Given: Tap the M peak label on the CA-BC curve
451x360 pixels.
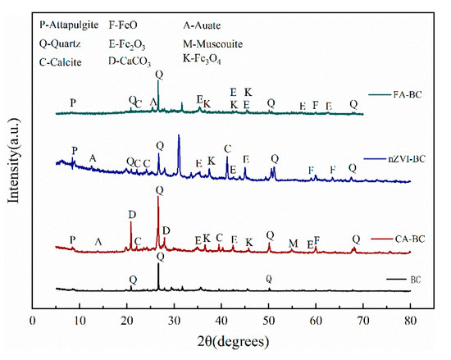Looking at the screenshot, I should pos(294,243).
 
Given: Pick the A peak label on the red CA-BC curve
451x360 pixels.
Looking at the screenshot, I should pos(99,242).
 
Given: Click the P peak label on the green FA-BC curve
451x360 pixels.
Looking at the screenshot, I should pos(73,103).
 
